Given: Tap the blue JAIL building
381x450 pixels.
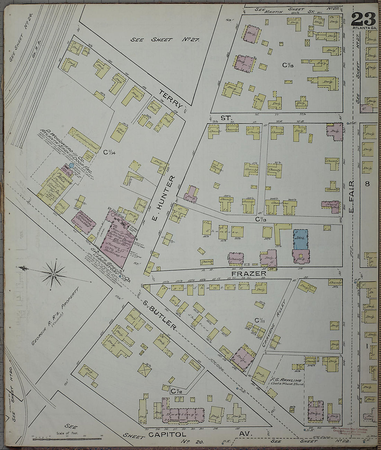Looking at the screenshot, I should (x=300, y=239).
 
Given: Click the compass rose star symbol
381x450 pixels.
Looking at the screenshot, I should (x=54, y=274).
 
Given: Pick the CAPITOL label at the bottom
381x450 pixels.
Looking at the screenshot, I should (x=167, y=434).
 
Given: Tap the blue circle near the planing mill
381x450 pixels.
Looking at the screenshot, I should (x=71, y=166).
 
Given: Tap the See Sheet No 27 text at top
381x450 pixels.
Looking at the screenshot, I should (x=165, y=40).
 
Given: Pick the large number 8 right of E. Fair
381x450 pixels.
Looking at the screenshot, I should (x=367, y=184).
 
